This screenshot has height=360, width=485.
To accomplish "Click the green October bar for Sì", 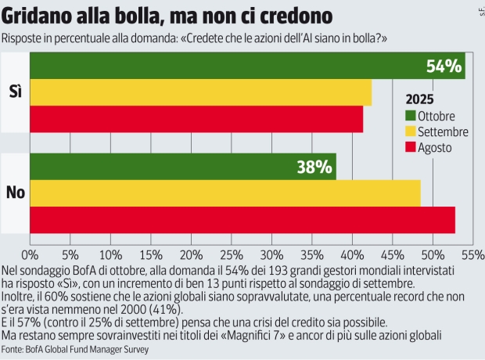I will click(235, 67).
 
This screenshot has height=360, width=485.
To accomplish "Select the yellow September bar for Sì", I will click(200, 92).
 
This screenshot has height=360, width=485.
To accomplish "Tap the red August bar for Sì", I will click(196, 118).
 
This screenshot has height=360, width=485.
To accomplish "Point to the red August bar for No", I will click(242, 219).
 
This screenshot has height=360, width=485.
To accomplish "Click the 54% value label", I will click(444, 67).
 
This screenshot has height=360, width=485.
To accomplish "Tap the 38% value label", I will click(315, 167).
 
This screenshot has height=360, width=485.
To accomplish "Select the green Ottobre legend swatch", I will click(411, 117).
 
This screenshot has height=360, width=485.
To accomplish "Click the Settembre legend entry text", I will click(444, 131).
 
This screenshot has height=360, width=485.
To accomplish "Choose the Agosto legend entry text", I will click(435, 146).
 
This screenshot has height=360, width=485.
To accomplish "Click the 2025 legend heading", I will click(420, 100).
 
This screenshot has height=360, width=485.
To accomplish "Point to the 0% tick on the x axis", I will click(30, 254).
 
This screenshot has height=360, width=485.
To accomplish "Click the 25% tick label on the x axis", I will click(231, 254).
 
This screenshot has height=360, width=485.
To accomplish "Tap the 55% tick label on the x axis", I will click(472, 254).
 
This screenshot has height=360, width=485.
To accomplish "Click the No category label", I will click(15, 193).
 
